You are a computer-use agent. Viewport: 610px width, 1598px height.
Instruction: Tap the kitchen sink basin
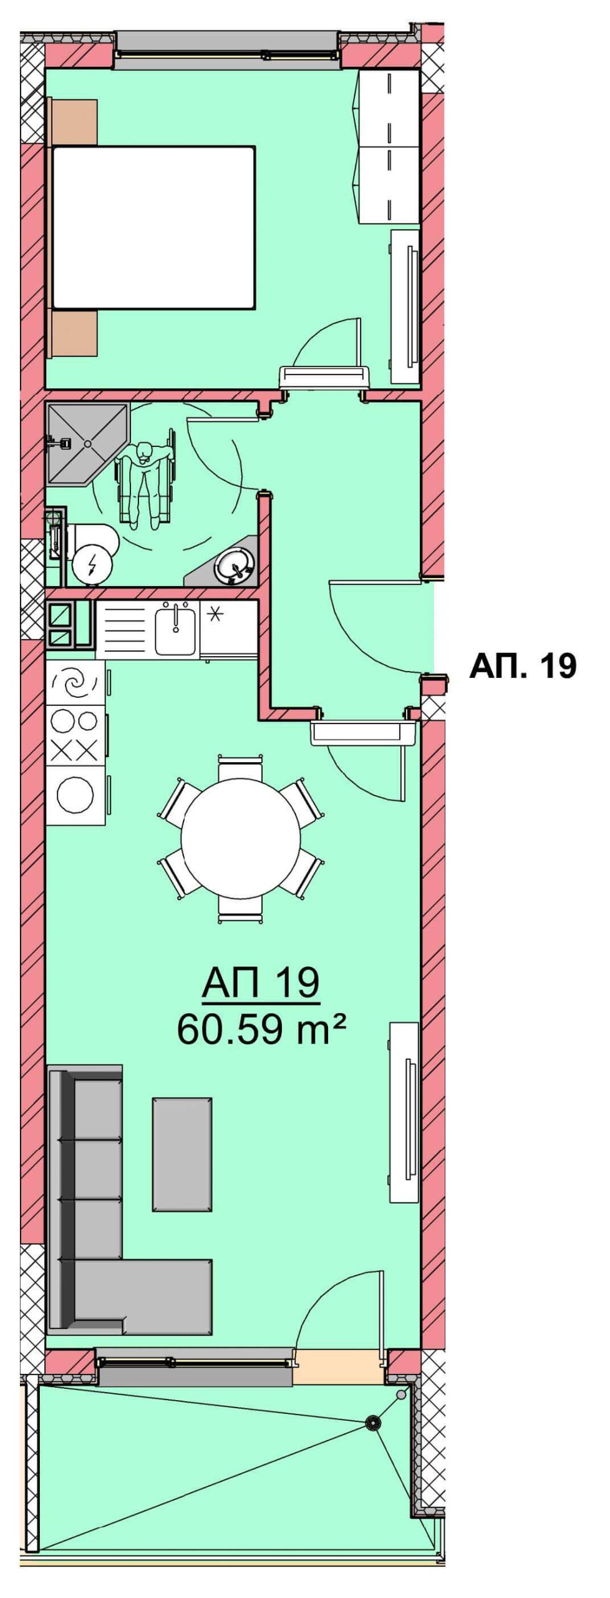(176, 629)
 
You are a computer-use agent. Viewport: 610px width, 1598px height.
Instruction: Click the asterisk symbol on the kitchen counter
(214, 615)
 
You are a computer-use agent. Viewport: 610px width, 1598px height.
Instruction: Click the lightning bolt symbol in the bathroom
(92, 565)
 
